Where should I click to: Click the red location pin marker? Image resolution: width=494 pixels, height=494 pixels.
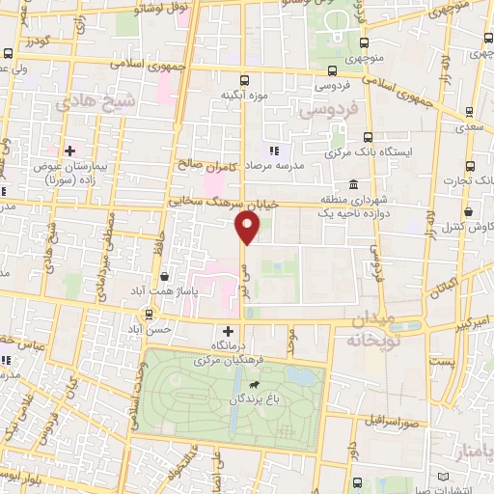pos(248,228)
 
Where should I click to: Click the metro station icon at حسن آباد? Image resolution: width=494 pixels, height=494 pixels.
pos(149,315)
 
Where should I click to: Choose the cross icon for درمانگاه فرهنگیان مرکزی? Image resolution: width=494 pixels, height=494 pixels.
pos(228,330)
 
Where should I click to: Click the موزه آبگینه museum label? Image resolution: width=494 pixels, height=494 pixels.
pos(242,95)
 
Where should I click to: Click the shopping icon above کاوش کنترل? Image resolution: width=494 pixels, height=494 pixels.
pos(468,211)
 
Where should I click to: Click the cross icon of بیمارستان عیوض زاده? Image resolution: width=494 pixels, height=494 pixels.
pos(69,151)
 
